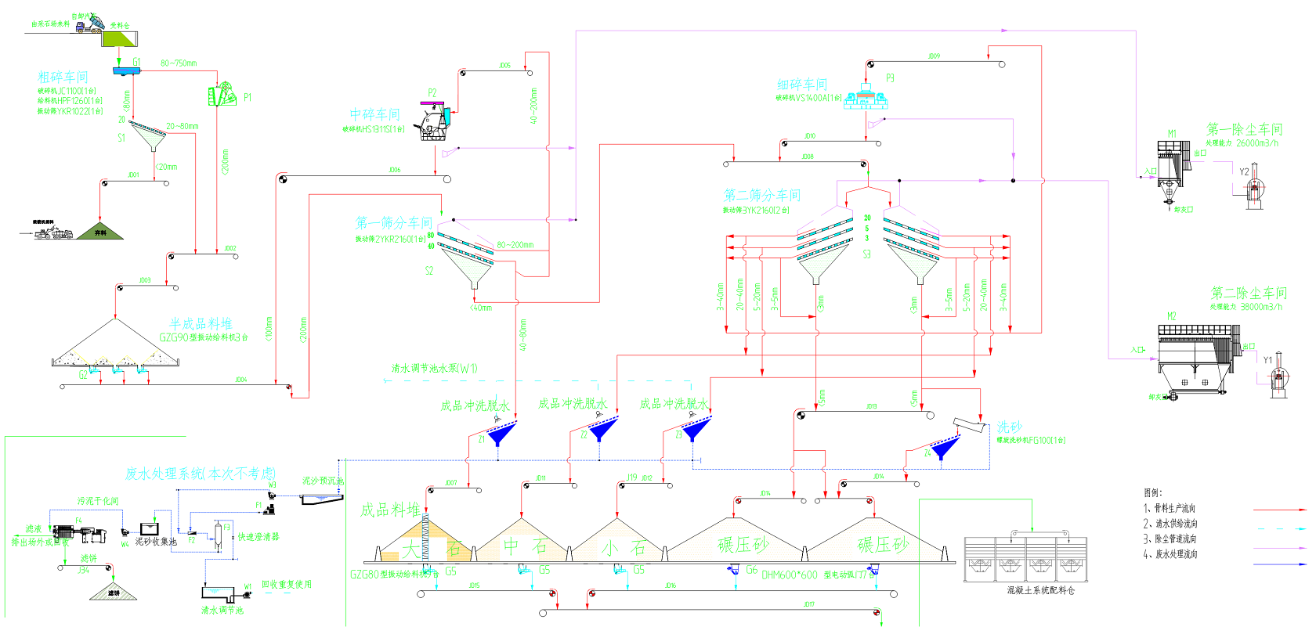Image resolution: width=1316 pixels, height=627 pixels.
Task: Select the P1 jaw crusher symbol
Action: click(222, 94)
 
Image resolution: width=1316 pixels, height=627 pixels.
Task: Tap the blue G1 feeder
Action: click(125, 71)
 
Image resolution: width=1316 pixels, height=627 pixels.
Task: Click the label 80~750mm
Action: click(179, 63)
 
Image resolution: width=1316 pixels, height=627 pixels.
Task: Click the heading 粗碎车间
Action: click(63, 77)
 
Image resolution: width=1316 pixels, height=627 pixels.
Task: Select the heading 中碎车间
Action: click(374, 114)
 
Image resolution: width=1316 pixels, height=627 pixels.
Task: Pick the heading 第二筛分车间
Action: click(762, 195)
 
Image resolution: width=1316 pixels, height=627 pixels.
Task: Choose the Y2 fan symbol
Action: click(1254, 186)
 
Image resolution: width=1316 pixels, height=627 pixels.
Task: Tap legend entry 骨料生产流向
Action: click(1174, 508)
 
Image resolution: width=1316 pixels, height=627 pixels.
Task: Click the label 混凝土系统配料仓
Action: click(1040, 590)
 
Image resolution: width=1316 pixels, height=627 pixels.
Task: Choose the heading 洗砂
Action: click(1010, 427)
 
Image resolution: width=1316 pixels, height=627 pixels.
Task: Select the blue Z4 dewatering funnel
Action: click(944, 447)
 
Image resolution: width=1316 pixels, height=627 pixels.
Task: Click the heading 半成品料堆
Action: click(201, 323)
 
